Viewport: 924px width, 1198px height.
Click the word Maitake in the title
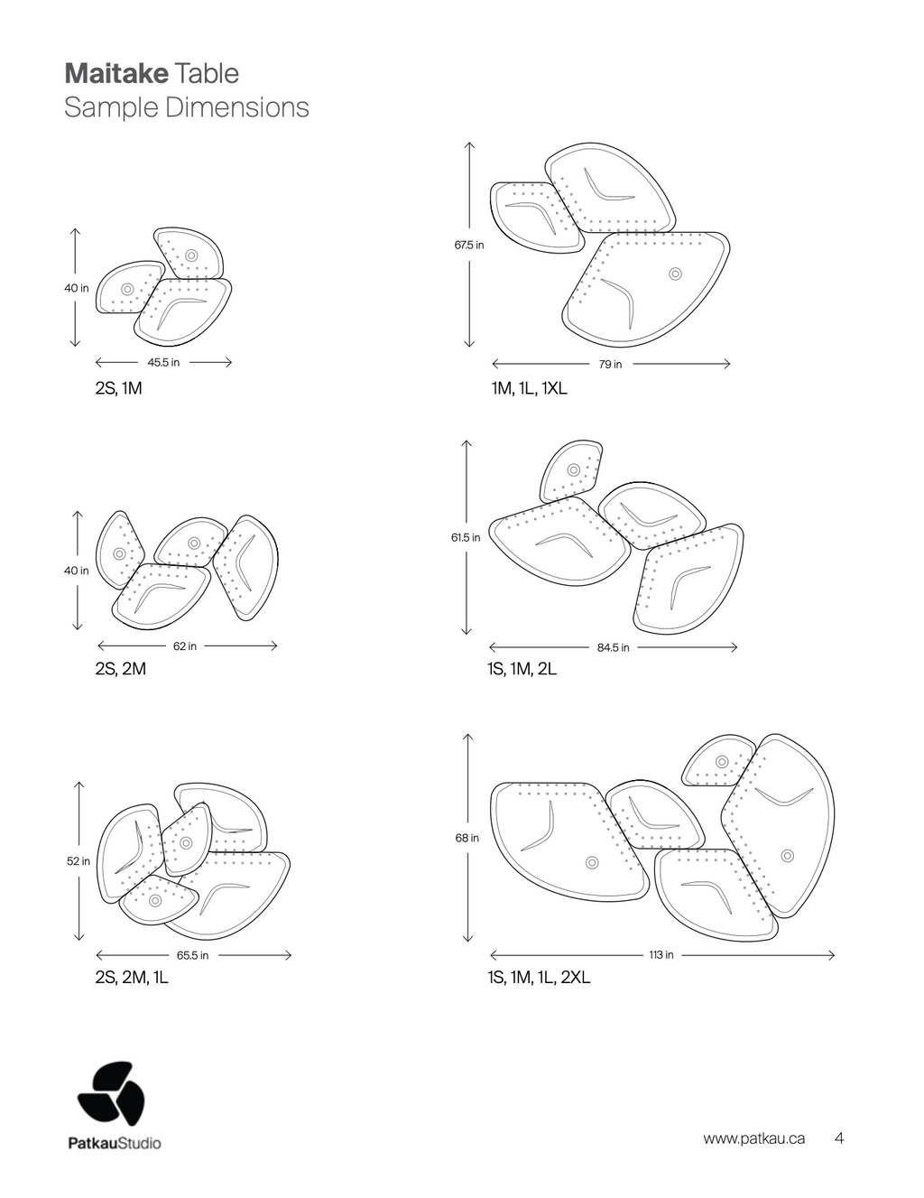(116, 74)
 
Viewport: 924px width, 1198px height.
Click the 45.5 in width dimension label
(163, 362)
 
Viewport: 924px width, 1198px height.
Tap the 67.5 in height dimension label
(469, 245)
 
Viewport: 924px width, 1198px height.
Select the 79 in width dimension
(611, 364)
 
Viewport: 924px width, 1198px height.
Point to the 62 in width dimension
(185, 646)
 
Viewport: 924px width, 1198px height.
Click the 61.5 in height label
(466, 537)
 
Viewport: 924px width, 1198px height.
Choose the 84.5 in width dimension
(613, 647)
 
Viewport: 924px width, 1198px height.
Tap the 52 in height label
(79, 861)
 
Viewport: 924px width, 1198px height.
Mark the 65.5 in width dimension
(192, 955)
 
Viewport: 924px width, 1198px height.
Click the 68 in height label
(467, 838)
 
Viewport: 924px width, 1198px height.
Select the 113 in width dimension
(661, 955)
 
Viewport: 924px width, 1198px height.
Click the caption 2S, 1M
(118, 389)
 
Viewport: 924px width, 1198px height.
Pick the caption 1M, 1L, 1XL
(529, 389)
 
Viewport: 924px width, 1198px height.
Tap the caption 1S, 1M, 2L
(522, 669)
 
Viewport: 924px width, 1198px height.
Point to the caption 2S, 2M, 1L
(132, 978)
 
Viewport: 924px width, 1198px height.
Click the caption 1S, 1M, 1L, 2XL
(539, 978)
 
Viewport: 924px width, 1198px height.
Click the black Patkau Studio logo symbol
(111, 1093)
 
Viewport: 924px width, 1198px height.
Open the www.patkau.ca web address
(753, 1138)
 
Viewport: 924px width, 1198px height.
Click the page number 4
(839, 1138)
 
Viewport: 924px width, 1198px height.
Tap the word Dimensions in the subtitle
(237, 107)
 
